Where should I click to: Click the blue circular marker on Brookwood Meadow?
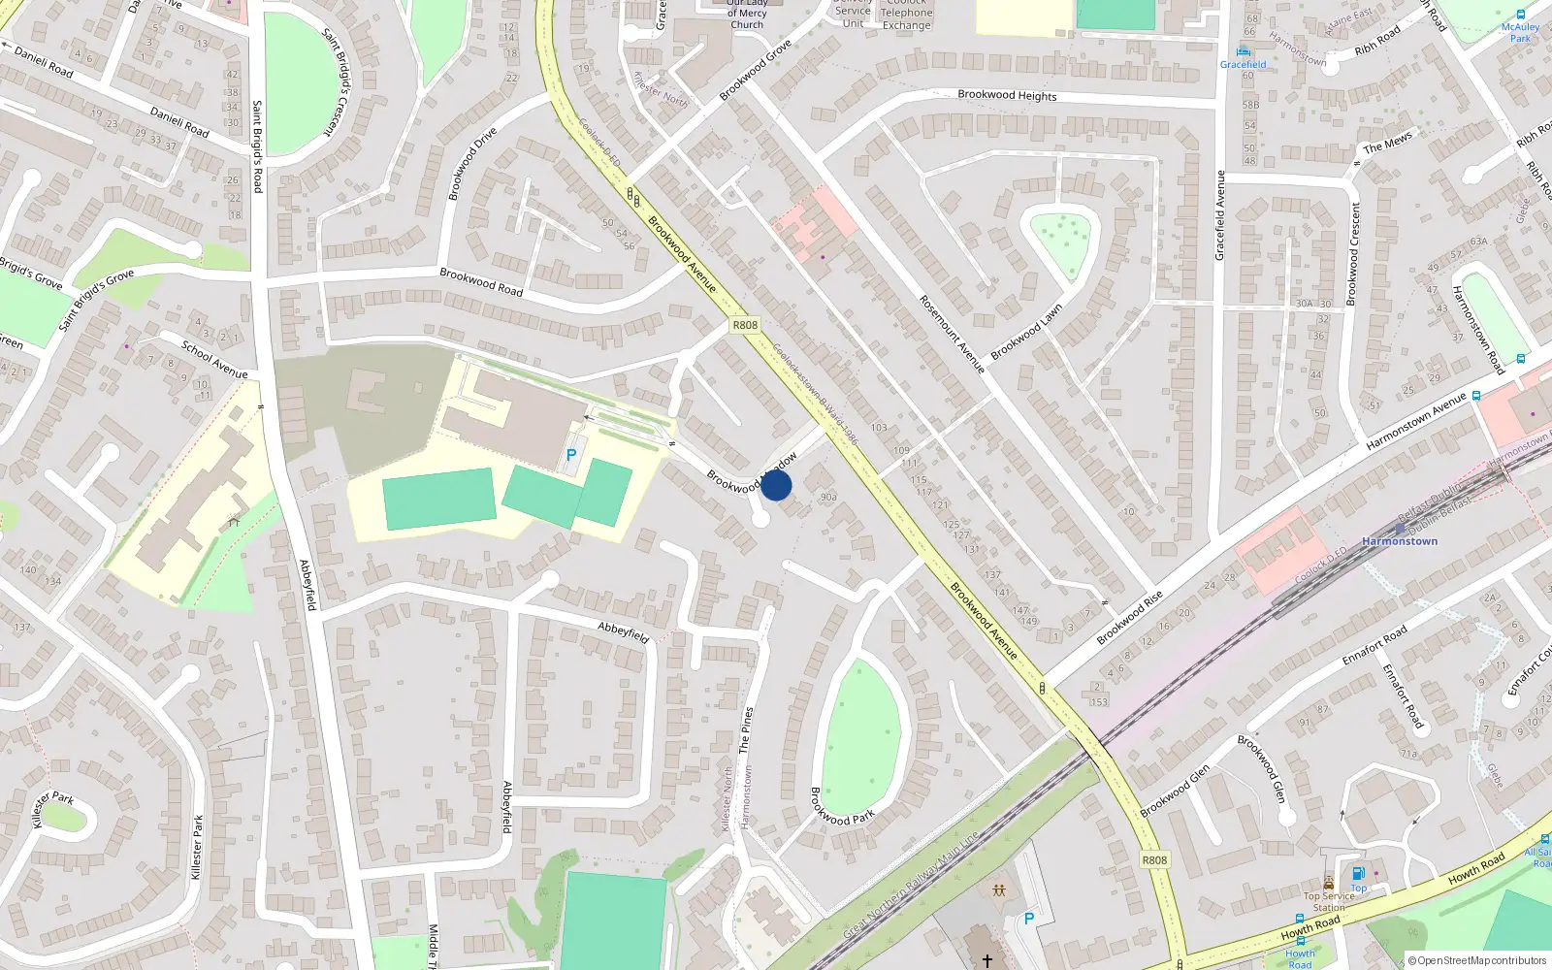(776, 485)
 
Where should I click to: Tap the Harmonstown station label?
(1399, 541)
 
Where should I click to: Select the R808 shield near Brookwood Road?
(745, 325)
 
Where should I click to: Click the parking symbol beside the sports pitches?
(571, 455)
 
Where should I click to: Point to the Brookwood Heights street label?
(1007, 95)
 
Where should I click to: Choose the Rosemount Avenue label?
(952, 335)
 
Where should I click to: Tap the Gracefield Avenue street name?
(1220, 215)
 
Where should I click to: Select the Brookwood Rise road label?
(1129, 618)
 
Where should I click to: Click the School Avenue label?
(214, 360)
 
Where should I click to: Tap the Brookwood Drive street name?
(472, 163)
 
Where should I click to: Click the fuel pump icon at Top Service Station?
(1358, 873)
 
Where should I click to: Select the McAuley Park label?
(1520, 32)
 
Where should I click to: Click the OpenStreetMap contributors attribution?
(1476, 960)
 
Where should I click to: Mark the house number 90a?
(828, 498)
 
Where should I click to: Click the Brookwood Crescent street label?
(1354, 252)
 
